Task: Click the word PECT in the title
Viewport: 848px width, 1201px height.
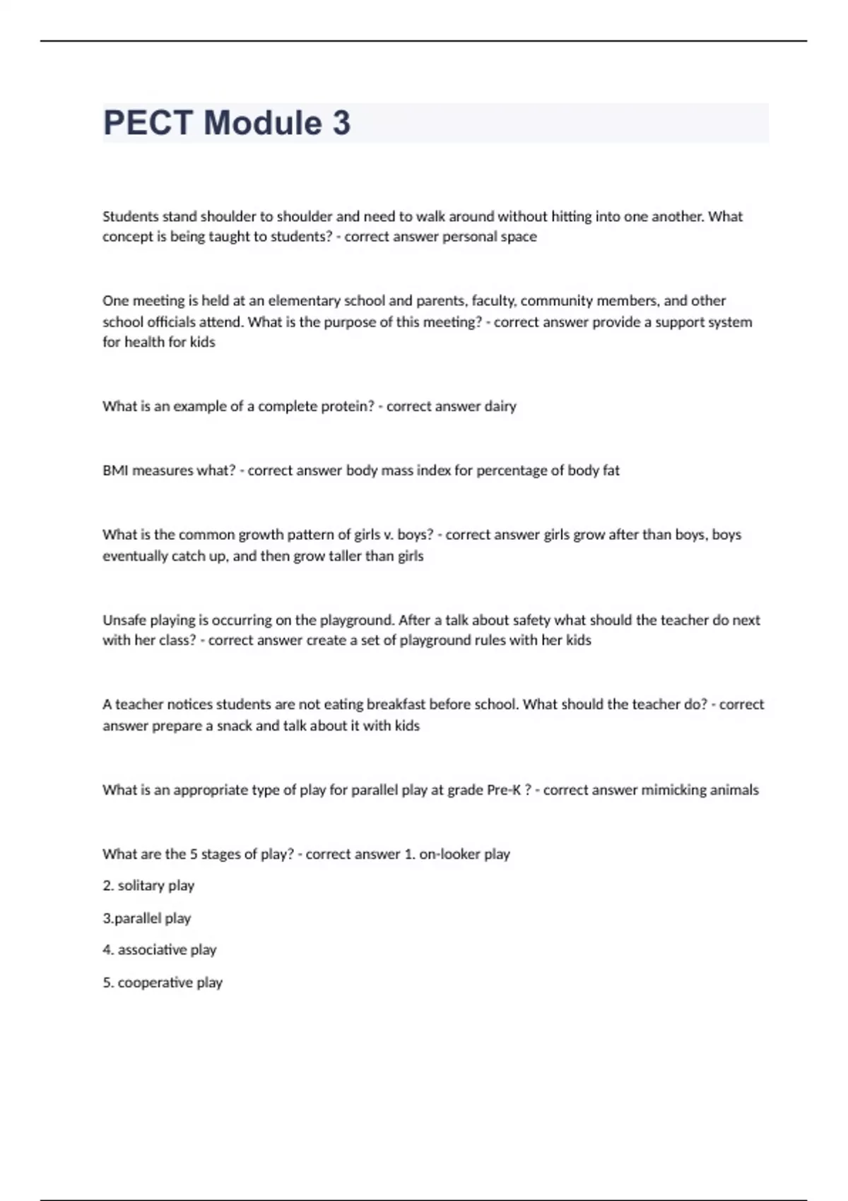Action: (x=148, y=123)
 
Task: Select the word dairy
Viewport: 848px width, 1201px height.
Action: (x=500, y=406)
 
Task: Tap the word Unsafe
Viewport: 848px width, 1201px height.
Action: (x=124, y=620)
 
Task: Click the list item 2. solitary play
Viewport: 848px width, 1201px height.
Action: (x=148, y=886)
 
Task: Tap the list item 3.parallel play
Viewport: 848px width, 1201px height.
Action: (x=147, y=918)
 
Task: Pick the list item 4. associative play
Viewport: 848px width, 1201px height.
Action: (x=160, y=950)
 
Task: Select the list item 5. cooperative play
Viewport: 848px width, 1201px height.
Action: (x=163, y=983)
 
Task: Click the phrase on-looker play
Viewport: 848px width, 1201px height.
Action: (x=464, y=854)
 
